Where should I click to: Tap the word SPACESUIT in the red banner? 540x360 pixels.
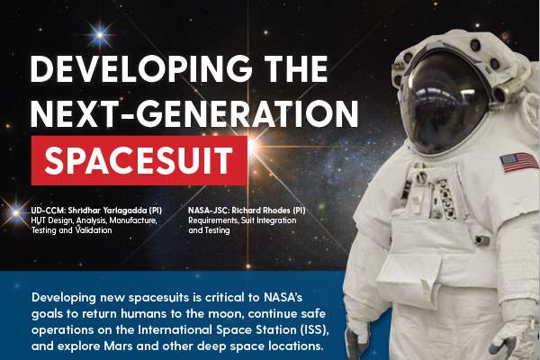coord(139,160)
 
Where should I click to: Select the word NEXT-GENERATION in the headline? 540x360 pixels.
coord(194,113)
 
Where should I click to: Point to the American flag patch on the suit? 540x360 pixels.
coord(518,162)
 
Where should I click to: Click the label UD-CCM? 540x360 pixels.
coord(48,210)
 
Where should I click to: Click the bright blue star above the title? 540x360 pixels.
coord(100,35)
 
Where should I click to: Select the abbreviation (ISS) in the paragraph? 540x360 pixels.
coord(314,329)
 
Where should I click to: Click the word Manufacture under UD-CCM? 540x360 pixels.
coord(133,220)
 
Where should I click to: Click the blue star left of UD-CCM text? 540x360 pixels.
coord(15,212)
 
